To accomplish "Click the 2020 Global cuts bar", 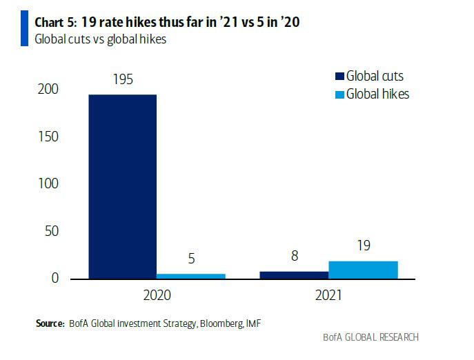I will coord(123,186).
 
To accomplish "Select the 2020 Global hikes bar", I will coord(191,276).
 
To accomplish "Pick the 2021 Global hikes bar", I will coord(364,270).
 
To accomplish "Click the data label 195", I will coord(122,79).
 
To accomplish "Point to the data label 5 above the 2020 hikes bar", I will coord(190,260).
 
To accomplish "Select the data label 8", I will coord(295,257).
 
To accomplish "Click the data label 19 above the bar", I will coord(364,246).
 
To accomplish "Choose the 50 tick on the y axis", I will coord(52,231).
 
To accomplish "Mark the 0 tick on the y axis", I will coord(55,279).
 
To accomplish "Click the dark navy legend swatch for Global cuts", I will coord(338,77).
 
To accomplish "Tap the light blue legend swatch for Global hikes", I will coord(338,94).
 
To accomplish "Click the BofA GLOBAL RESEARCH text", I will coord(371,338).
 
